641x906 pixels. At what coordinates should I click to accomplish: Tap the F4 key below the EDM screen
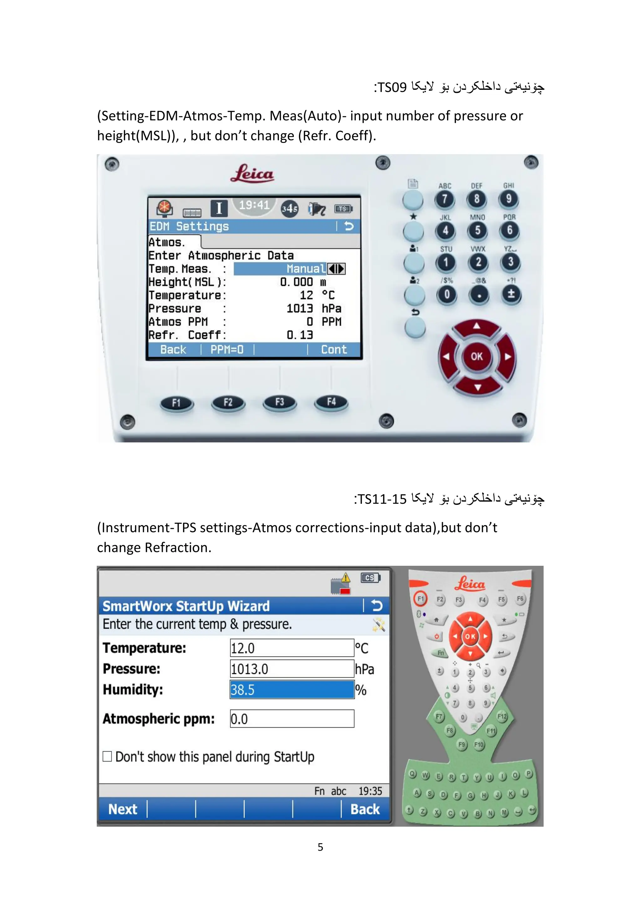[331, 402]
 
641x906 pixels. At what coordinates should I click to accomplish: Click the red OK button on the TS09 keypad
[477, 356]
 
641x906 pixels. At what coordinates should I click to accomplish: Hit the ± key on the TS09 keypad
[511, 294]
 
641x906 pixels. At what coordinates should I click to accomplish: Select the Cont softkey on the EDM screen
[334, 350]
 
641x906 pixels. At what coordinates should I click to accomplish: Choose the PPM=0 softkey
[227, 350]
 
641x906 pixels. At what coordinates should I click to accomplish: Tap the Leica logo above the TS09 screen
[252, 174]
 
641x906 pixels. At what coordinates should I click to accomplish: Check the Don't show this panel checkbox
[107, 756]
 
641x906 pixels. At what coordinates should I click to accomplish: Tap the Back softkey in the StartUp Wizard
[365, 809]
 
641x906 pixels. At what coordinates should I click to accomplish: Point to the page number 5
[320, 847]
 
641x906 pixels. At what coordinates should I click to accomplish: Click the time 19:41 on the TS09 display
[254, 205]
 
